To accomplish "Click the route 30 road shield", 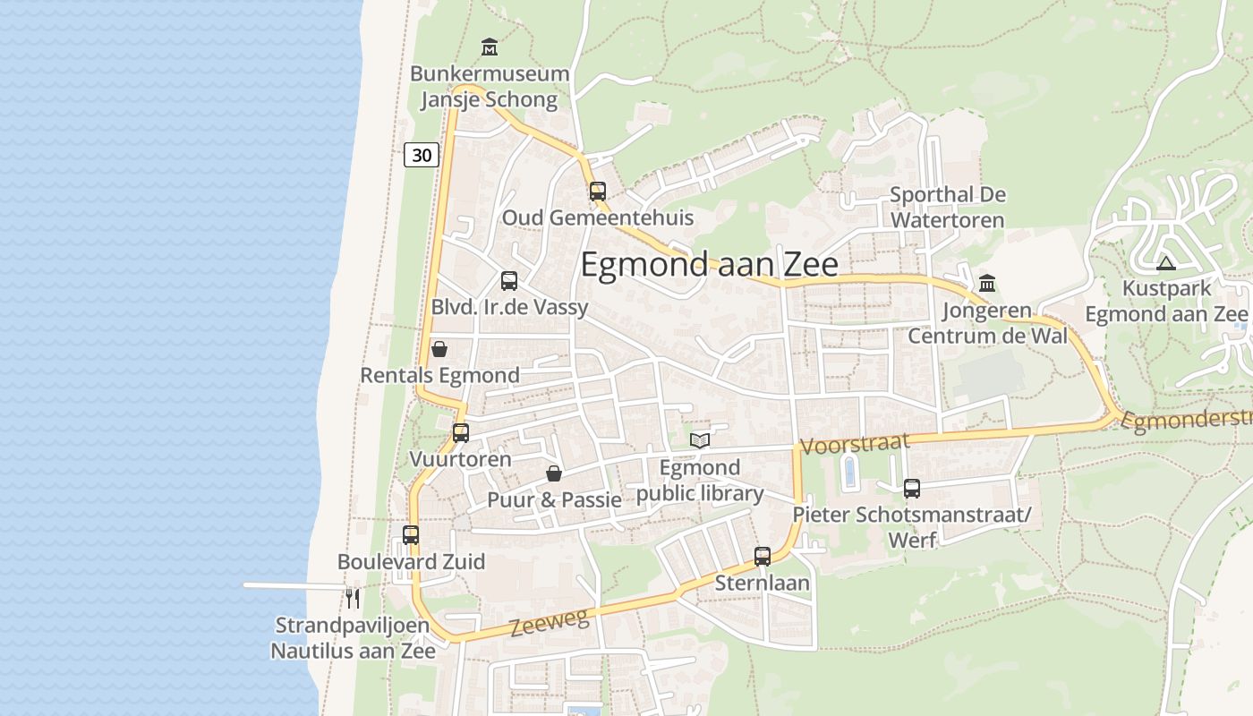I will [x=422, y=155].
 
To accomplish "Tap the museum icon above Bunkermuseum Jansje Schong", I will [x=490, y=47].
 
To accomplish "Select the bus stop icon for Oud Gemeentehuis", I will [x=597, y=191].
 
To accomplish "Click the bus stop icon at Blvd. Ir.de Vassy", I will [x=509, y=281].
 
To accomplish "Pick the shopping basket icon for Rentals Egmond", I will [x=439, y=348].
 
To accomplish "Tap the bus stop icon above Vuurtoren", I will [x=461, y=433].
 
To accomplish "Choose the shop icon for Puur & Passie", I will [x=554, y=473].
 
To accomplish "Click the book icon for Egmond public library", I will [x=700, y=440].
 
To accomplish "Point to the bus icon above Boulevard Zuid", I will [x=411, y=535].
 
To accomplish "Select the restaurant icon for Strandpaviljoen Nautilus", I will [x=354, y=598].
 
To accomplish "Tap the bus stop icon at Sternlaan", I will [x=763, y=557].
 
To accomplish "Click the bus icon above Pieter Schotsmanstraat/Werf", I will [x=912, y=489].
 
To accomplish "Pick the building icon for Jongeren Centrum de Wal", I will [x=987, y=284].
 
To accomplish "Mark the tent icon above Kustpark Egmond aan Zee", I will [x=1165, y=263].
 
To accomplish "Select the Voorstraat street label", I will [x=855, y=444].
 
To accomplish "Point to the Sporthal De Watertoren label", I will [x=947, y=207].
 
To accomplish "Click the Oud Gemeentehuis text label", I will [x=597, y=217].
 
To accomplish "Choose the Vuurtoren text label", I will [x=460, y=459].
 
